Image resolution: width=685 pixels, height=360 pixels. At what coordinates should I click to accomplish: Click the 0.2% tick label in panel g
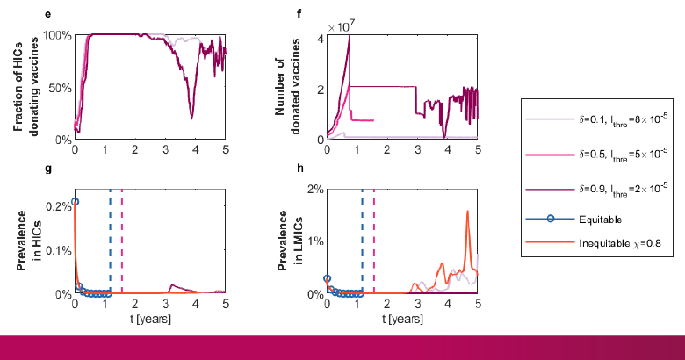(x=54, y=205)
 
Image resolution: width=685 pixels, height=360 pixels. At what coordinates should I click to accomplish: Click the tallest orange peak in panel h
(x=467, y=212)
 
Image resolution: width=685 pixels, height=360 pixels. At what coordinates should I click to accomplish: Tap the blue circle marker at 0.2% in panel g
(x=75, y=202)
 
